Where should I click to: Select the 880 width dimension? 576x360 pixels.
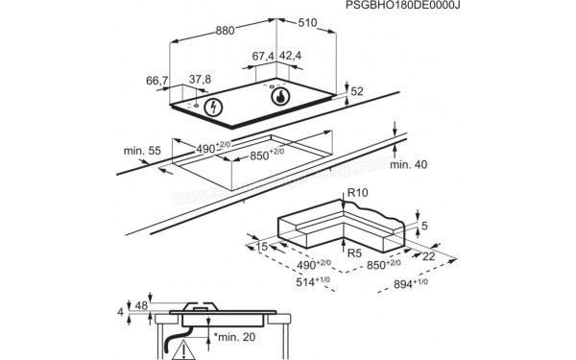pyautogui.click(x=225, y=31)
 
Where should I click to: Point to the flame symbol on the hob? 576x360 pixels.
pyautogui.click(x=280, y=96)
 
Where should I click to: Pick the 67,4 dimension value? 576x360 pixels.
pyautogui.click(x=265, y=57)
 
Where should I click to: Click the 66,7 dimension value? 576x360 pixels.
pyautogui.click(x=159, y=81)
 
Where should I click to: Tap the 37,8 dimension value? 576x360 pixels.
pyautogui.click(x=199, y=81)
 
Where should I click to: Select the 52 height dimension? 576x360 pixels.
pyautogui.click(x=357, y=91)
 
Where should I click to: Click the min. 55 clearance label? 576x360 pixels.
pyautogui.click(x=141, y=153)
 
